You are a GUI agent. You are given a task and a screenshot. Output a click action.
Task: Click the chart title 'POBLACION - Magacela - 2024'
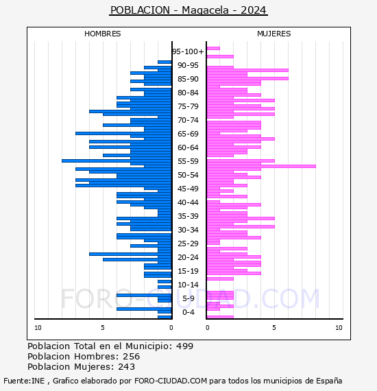click(188, 10)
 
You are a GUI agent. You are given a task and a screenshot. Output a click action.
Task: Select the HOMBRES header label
click(102, 34)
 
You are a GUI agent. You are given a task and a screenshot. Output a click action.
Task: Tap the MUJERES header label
click(274, 34)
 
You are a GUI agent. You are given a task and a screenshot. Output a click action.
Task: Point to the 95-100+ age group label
click(188, 51)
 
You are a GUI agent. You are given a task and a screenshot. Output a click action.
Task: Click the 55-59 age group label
click(188, 161)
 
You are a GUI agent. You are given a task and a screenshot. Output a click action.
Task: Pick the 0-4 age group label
click(188, 312)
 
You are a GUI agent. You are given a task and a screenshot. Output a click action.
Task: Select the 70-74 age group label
click(188, 120)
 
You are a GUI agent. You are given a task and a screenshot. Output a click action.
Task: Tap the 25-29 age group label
click(188, 244)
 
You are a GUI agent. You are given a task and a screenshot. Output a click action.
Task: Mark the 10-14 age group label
click(188, 285)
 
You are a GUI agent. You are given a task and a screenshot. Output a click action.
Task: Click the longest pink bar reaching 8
click(261, 166)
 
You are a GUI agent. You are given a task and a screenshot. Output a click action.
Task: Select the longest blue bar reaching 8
click(117, 161)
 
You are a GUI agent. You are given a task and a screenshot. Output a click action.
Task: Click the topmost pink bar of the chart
click(213, 49)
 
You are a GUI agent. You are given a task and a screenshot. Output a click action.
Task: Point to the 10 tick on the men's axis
click(38, 328)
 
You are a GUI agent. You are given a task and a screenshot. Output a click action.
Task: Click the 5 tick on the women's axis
click(274, 328)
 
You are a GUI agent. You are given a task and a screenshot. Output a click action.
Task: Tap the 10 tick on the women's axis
click(339, 328)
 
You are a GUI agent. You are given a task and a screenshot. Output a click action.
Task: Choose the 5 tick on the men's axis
click(103, 328)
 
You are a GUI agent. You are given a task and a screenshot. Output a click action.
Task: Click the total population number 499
click(184, 346)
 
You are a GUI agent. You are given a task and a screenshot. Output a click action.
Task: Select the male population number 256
click(132, 356)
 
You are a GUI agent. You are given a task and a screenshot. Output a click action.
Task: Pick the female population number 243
click(126, 366)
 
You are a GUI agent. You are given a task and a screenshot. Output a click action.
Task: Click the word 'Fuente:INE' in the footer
click(24, 381)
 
